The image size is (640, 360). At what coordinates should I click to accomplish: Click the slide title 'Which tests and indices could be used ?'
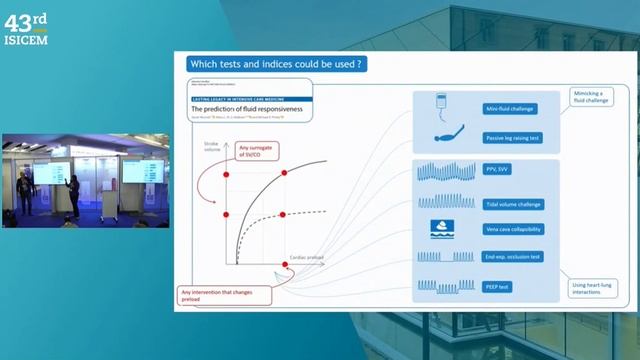click(269, 64)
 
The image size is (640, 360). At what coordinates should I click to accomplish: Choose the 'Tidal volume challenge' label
click(515, 203)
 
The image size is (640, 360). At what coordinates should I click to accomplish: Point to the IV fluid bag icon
click(441, 104)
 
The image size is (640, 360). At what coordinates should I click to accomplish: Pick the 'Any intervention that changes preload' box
click(212, 295)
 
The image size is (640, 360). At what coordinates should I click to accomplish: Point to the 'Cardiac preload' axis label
click(306, 257)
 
